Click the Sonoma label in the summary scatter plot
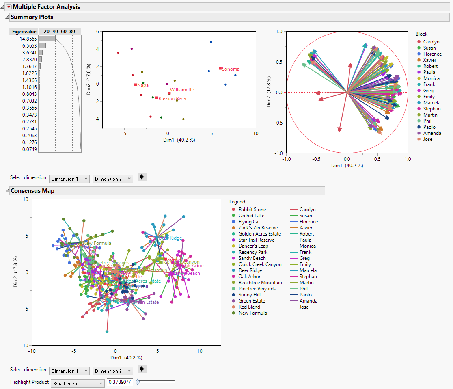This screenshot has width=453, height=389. [x=231, y=69]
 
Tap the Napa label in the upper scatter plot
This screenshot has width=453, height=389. [x=142, y=85]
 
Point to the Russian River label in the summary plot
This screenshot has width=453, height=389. [x=173, y=99]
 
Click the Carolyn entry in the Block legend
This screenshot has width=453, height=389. [x=431, y=42]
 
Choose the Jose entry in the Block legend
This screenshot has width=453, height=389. [x=428, y=139]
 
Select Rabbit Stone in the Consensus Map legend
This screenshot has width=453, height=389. [x=252, y=210]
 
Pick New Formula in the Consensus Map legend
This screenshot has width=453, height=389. [x=252, y=313]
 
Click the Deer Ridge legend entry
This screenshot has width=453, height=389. [x=250, y=270]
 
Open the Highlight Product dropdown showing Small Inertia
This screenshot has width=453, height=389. [x=78, y=383]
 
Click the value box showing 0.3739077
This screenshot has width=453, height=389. [x=120, y=382]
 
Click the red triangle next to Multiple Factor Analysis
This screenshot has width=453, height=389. [x=9, y=7]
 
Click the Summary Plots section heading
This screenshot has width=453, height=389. [x=32, y=17]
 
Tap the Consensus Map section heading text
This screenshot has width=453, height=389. [x=32, y=191]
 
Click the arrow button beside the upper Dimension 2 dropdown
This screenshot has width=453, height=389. [x=142, y=177]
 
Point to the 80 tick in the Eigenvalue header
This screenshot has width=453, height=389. [x=72, y=32]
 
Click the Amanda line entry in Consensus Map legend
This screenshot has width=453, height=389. [x=308, y=301]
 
